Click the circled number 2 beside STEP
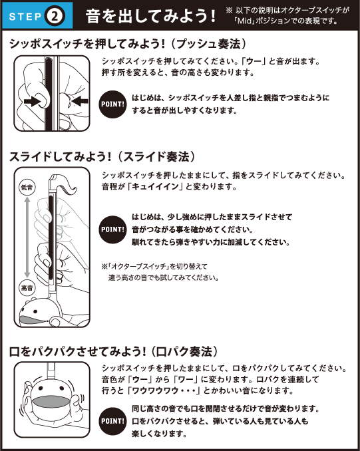(55, 16)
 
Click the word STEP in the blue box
(25, 17)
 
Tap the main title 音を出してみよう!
(150, 16)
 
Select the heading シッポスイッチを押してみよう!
(87, 44)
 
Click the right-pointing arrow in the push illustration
(32, 101)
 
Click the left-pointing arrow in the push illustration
(79, 101)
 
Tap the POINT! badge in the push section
(112, 104)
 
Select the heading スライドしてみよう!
(60, 157)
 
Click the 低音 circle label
(27, 187)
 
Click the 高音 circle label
(27, 287)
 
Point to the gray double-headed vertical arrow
(27, 237)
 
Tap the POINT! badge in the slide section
(112, 229)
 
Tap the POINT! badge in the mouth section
(112, 421)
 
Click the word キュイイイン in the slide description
(155, 187)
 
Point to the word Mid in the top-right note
(244, 21)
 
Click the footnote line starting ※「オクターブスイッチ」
(154, 267)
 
